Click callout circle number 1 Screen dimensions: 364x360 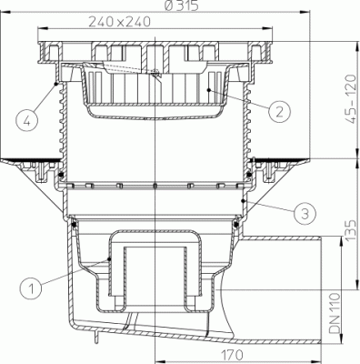pyautogui.click(x=32, y=289)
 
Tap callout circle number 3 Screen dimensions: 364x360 pyautogui.click(x=304, y=215)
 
